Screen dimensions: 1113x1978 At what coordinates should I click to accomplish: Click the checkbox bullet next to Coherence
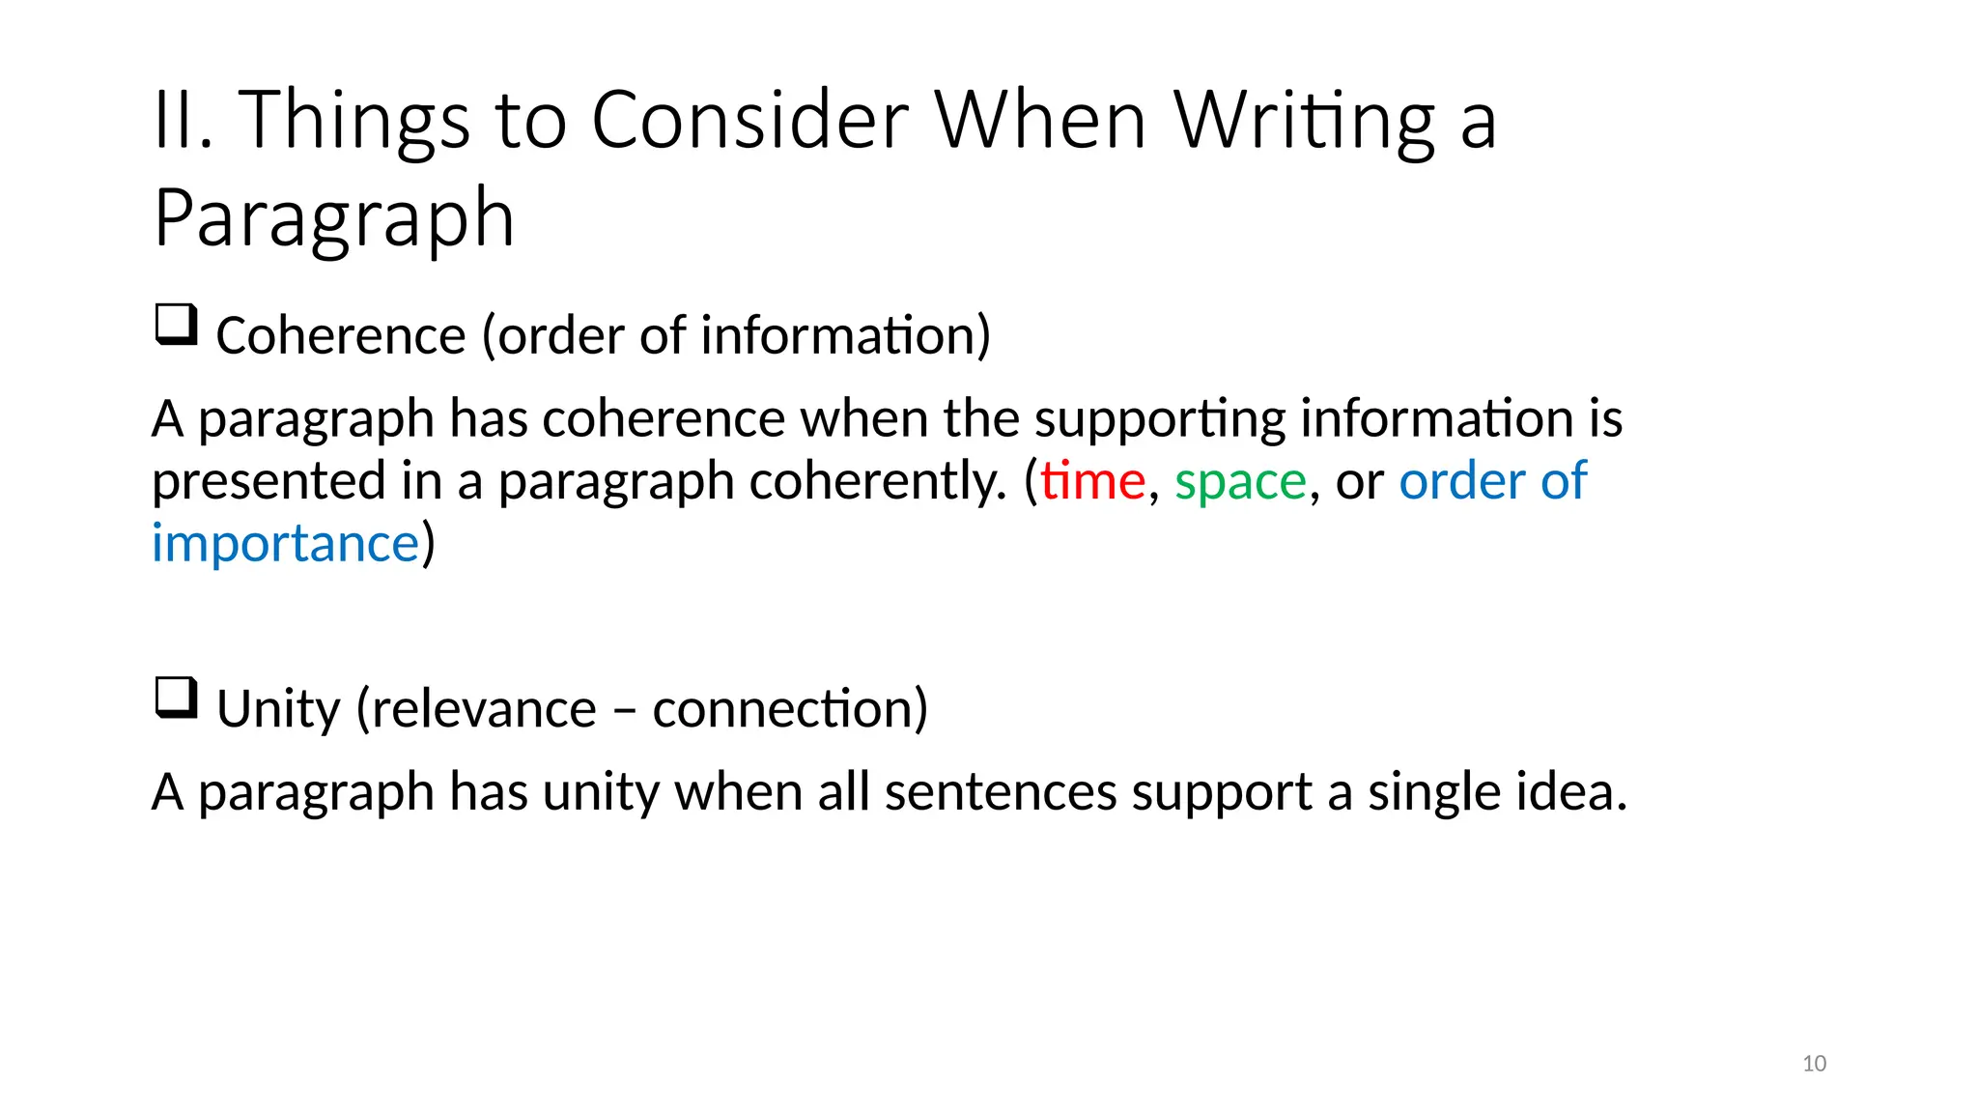176,325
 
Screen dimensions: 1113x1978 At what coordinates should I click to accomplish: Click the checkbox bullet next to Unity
176,699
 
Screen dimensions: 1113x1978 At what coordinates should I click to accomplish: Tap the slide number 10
1814,1064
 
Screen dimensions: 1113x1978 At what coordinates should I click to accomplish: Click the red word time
1092,480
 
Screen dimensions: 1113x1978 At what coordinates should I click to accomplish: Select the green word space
1240,482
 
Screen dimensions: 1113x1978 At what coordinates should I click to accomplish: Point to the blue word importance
286,543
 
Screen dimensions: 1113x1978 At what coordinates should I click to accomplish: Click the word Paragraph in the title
334,219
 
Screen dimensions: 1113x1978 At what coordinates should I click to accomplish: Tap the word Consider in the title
749,121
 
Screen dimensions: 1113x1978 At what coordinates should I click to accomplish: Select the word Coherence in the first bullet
341,336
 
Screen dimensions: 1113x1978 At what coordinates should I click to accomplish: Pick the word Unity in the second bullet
278,710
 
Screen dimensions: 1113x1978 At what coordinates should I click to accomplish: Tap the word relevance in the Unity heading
484,710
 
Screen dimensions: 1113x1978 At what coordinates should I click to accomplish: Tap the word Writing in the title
1305,123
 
